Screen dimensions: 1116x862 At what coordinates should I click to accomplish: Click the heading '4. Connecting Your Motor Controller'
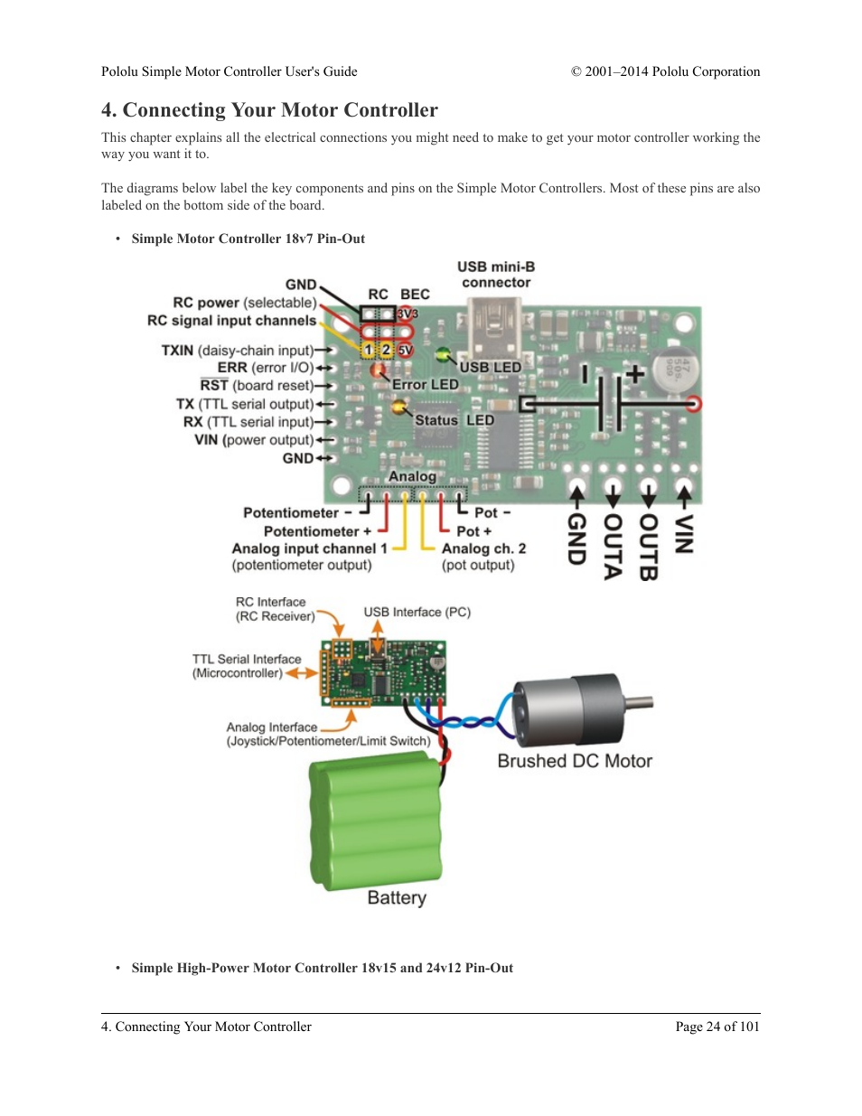coord(269,110)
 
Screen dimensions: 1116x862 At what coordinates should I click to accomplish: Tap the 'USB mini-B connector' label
coord(496,275)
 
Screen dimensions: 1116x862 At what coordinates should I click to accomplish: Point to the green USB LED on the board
coord(443,353)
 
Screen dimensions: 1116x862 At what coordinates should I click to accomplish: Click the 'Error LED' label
coord(425,385)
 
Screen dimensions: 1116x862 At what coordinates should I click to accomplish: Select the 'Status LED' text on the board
coord(454,420)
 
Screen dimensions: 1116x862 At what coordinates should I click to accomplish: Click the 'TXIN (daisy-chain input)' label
coord(238,351)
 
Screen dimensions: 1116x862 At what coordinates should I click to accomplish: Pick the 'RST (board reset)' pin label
coord(257,386)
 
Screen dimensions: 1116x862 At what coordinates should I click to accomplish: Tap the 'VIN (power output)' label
coord(254,440)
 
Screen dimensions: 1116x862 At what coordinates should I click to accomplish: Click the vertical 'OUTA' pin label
coord(613,546)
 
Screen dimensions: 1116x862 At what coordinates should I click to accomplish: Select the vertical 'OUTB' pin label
coord(648,547)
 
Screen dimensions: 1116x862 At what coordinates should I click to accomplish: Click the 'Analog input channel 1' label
coord(309,549)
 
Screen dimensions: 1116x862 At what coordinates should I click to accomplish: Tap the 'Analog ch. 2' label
coord(483,549)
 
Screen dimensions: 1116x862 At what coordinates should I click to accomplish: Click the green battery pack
coord(377,822)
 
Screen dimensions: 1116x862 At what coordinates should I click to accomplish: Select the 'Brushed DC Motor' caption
coord(575,761)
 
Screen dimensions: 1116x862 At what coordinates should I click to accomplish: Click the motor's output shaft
coord(639,701)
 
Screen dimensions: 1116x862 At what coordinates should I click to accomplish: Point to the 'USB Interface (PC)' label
coord(417,612)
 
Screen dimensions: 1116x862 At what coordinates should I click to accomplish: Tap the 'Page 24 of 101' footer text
coord(717,1027)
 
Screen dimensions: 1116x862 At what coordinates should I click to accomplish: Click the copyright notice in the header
coord(665,72)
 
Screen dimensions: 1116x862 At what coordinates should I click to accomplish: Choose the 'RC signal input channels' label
coord(231,321)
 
